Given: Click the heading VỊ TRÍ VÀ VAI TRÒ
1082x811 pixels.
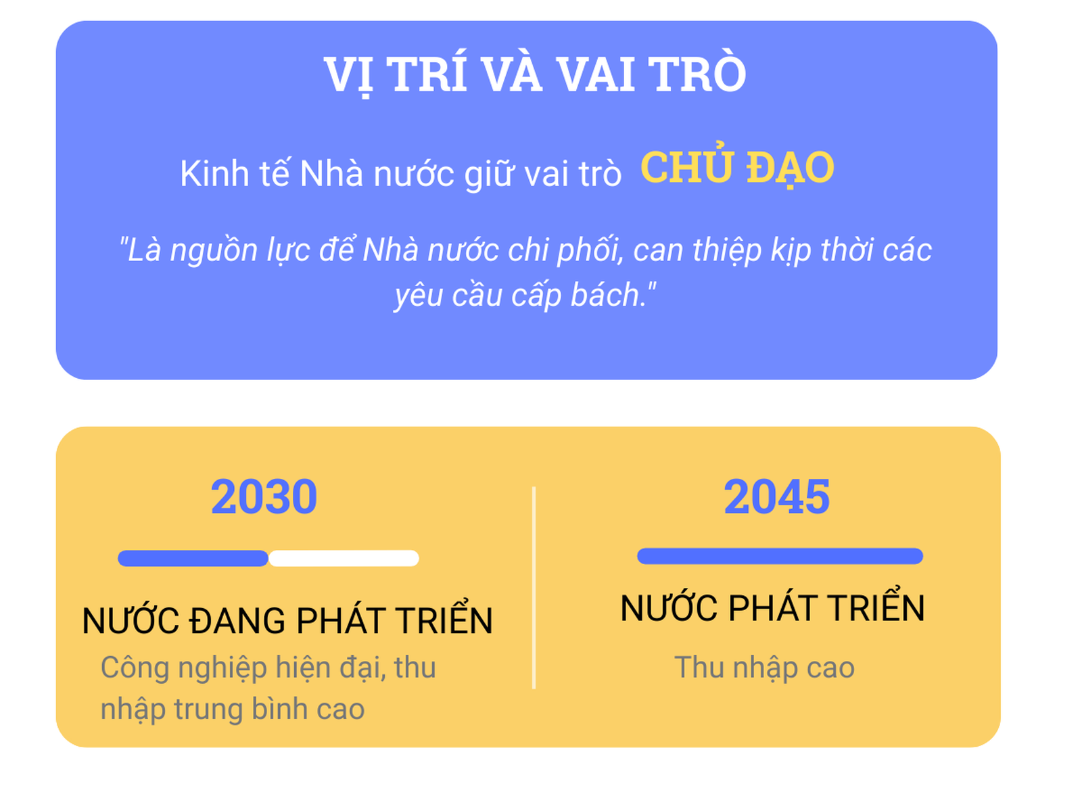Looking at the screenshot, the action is pyautogui.click(x=535, y=73).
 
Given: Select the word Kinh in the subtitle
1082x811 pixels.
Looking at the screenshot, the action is pyautogui.click(x=214, y=173).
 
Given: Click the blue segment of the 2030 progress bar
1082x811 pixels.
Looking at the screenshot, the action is pyautogui.click(x=193, y=558).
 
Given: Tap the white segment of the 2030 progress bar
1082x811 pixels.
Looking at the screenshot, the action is pyautogui.click(x=344, y=558).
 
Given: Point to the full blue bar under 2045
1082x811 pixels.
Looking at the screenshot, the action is pyautogui.click(x=780, y=555).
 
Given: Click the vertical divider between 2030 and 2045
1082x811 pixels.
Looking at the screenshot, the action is pyautogui.click(x=534, y=587).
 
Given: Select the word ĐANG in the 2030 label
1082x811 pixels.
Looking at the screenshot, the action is pyautogui.click(x=238, y=620).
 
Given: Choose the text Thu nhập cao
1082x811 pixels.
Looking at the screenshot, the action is pyautogui.click(x=764, y=668).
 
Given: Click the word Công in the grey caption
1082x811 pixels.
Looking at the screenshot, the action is pyautogui.click(x=135, y=668).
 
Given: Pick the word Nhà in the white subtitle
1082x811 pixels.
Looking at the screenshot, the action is pyautogui.click(x=331, y=173).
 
